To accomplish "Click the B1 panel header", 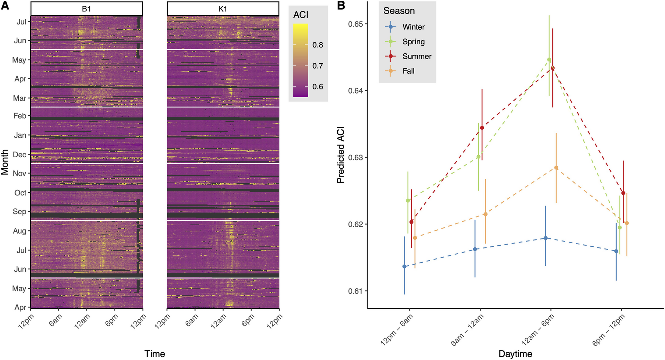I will click(86, 9).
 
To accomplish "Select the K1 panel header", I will click(223, 9).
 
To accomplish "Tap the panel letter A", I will click(5, 6).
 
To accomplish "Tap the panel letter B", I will click(341, 6).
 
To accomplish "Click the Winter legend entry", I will click(413, 27).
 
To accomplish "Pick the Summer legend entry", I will click(417, 56).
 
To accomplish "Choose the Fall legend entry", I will click(408, 71).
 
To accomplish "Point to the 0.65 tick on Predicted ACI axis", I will click(355, 24).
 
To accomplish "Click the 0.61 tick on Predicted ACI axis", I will click(355, 291).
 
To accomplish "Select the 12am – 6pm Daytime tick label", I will click(538, 330).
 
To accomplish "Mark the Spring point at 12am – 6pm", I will click(549, 60).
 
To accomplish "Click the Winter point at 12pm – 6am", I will click(404, 266).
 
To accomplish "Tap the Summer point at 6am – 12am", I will click(482, 128).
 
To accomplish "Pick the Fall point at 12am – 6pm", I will click(556, 168).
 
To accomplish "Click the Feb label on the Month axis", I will click(20, 116).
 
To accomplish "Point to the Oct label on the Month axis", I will click(20, 193).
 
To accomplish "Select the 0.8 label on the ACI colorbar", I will click(318, 45).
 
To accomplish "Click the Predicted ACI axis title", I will click(340, 155).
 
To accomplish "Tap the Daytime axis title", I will click(515, 354).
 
